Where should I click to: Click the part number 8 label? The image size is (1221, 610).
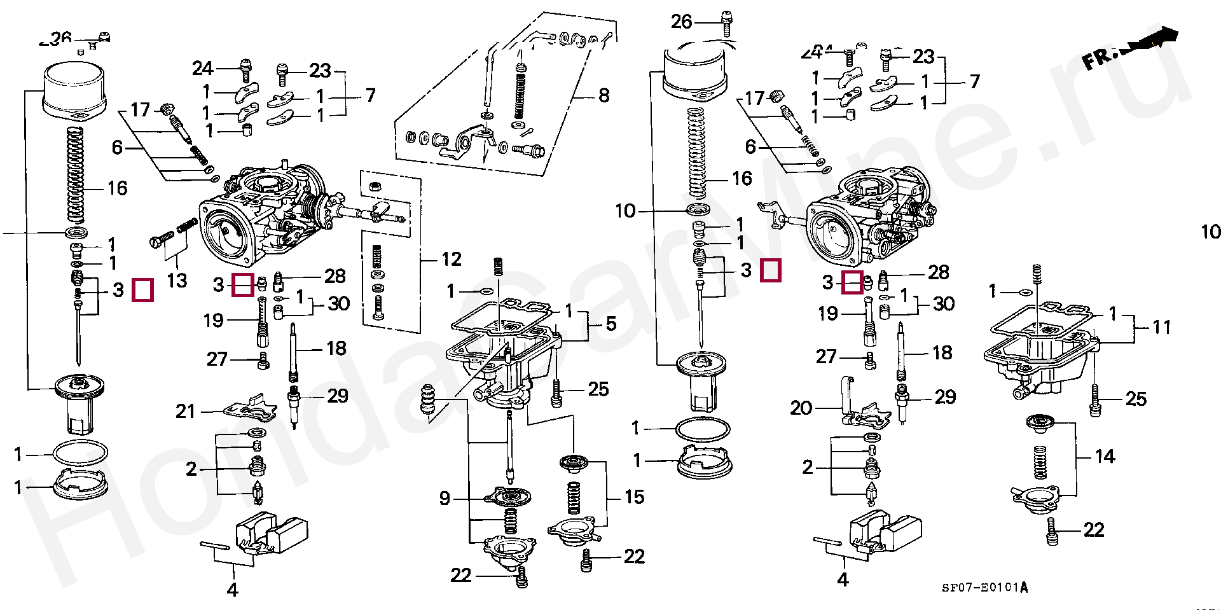pos(604,96)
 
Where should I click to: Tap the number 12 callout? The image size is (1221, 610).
pos(451,260)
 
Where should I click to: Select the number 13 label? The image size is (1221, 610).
pos(177,281)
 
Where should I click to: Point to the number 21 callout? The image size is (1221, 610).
pos(185,412)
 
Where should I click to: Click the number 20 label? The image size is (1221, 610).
pos(801,408)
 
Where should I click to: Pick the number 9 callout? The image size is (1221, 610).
pos(445,498)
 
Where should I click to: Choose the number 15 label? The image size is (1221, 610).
pos(634,497)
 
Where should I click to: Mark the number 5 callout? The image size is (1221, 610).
pos(610,324)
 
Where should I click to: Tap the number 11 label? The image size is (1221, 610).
pos(1161,328)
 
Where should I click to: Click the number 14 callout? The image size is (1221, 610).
pos(1105,457)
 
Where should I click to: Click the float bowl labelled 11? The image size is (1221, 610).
pos(1043,359)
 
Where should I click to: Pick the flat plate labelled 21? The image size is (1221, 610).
pos(251,409)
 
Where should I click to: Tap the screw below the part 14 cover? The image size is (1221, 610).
pos(1052,530)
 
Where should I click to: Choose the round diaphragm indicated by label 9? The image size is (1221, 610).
pos(507,496)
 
